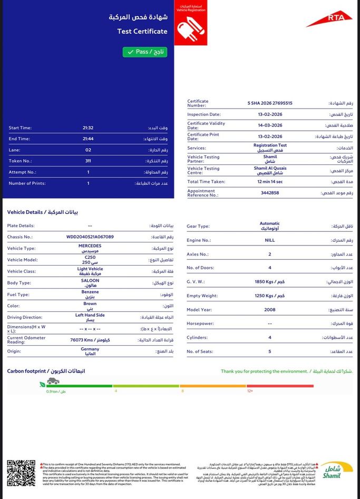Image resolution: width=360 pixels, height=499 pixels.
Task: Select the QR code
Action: [21, 473]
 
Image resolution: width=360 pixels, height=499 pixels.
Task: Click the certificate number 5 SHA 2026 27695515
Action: [270, 103]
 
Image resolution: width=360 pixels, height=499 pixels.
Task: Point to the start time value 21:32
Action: [88, 128]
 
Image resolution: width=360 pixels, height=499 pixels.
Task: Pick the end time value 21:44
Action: [88, 139]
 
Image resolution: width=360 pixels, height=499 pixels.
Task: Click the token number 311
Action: [88, 161]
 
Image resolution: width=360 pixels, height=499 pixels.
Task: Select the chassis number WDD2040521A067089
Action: [90, 237]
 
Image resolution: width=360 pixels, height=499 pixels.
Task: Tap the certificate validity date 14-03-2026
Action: [270, 125]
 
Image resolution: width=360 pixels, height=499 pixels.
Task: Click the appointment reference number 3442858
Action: [270, 193]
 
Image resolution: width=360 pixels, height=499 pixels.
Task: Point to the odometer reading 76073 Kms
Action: [90, 340]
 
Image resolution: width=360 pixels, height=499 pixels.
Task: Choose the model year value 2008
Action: [270, 310]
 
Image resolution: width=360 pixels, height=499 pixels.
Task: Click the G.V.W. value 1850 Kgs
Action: [270, 282]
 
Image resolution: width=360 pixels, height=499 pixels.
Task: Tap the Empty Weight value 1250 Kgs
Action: [270, 296]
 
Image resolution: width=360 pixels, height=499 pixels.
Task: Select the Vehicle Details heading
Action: [43, 212]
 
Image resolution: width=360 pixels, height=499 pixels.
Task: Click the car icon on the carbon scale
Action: [53, 381]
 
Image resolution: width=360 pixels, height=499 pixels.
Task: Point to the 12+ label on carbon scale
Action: [250, 391]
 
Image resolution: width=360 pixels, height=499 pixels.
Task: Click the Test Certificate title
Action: [142, 31]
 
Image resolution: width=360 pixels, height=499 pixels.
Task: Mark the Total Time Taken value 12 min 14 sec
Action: [270, 181]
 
